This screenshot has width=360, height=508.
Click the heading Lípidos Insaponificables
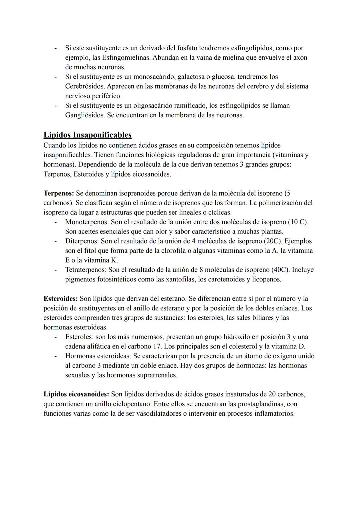tap(87, 135)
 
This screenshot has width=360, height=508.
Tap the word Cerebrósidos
tap(85, 87)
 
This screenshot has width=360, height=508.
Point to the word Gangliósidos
tap(85, 116)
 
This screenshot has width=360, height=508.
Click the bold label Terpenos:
tap(59, 193)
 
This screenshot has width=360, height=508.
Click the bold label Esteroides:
tap(61, 298)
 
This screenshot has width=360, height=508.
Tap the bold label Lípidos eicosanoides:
tap(76, 394)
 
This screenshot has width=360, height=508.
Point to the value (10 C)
tap(297, 222)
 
